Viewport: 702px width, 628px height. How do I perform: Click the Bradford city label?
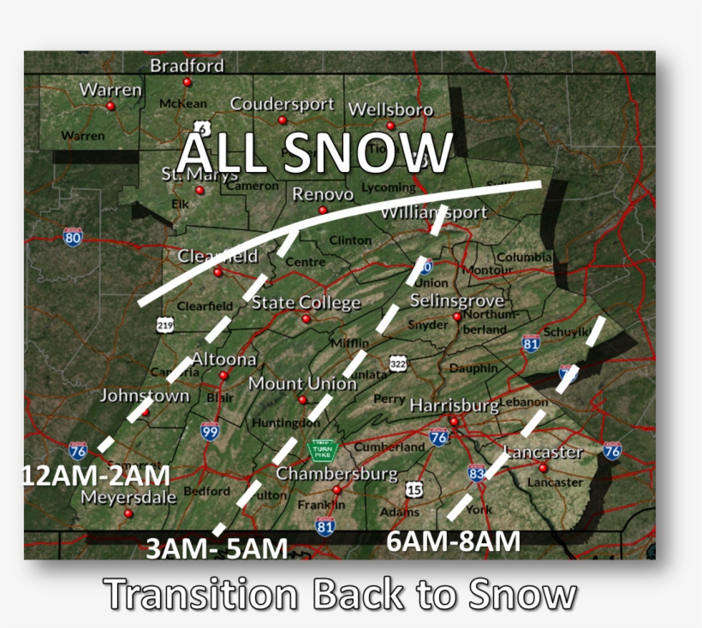click(187, 66)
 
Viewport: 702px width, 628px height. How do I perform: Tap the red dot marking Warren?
click(110, 106)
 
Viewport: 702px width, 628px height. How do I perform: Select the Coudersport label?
click(282, 104)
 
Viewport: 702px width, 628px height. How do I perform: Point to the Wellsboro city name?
click(390, 110)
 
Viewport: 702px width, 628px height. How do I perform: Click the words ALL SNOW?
click(314, 154)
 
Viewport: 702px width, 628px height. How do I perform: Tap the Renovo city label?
click(323, 194)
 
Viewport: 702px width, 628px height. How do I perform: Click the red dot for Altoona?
click(223, 376)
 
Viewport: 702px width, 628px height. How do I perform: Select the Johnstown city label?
click(145, 396)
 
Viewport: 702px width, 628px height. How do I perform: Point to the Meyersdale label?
click(128, 497)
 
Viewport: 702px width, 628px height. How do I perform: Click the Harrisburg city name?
click(454, 405)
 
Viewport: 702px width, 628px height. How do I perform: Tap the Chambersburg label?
click(336, 473)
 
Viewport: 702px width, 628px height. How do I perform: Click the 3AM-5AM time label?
click(216, 548)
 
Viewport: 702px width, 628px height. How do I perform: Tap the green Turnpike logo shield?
click(322, 449)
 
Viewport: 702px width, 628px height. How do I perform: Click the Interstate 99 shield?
click(210, 430)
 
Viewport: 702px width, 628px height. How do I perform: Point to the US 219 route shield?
click(165, 324)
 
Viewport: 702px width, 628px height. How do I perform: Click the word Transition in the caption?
click(200, 594)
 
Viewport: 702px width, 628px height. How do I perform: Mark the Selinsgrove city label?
click(456, 301)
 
